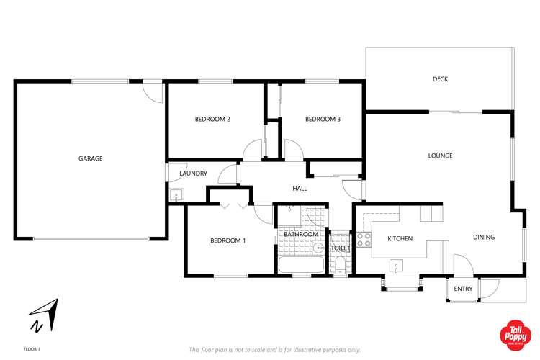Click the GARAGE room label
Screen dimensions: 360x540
[91, 158]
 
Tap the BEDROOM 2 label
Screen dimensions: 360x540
[212, 119]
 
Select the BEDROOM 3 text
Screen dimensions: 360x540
[323, 119]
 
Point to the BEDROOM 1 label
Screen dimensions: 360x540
[228, 240]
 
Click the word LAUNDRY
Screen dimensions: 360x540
[194, 174]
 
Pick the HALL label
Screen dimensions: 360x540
[300, 189]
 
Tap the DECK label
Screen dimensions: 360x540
[440, 79]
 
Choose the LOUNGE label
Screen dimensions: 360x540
[440, 156]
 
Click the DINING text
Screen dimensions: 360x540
[484, 237]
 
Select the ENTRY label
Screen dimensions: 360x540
[464, 289]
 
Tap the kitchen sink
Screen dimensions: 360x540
[397, 267]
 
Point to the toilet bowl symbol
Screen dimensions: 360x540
[340, 266]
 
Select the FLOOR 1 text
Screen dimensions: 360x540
[32, 349]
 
